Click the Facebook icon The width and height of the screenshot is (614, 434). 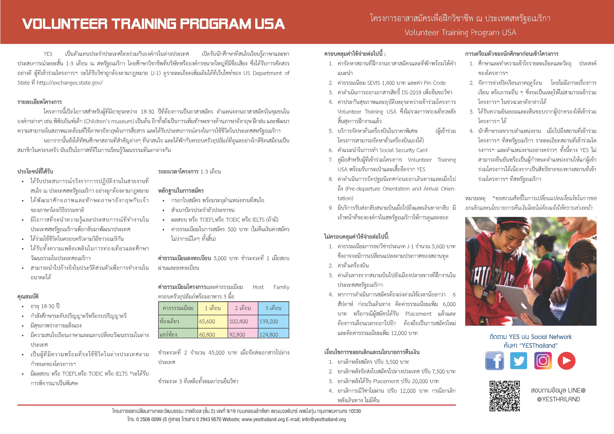pyautogui.click(x=495, y=361)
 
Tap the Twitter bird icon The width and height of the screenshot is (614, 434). pyautogui.click(x=519, y=361)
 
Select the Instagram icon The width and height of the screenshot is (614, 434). pyautogui.click(x=543, y=361)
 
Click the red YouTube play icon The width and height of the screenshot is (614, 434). pyautogui.click(x=566, y=361)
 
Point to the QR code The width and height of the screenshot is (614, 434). pyautogui.click(x=505, y=396)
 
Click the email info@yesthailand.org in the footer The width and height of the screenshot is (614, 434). pyautogui.click(x=324, y=419)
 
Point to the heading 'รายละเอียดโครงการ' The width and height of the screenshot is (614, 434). pyautogui.click(x=40, y=102)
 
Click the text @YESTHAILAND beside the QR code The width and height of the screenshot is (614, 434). pyautogui.click(x=558, y=399)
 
